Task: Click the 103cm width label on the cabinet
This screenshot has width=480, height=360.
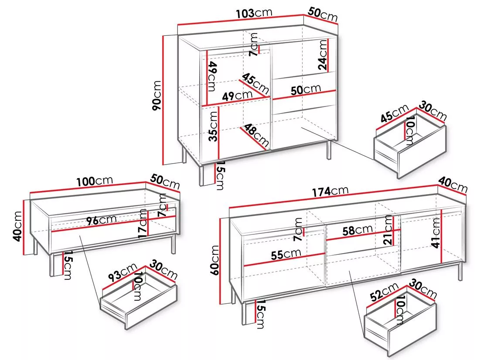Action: coord(254,13)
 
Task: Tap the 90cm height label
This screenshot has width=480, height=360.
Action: coord(157,96)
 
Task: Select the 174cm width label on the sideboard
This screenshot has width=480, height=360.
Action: coord(330,192)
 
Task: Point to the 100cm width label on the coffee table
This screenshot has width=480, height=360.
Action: coord(95,181)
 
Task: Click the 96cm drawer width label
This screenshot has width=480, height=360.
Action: coord(101,220)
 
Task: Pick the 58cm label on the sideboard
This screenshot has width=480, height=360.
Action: coord(357,230)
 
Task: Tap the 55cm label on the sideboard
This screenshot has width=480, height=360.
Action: coord(286,254)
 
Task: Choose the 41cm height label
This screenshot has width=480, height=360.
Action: coord(436,233)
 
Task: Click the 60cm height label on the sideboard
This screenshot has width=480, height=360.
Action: coord(215,260)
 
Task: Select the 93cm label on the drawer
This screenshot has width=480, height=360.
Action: coord(122,272)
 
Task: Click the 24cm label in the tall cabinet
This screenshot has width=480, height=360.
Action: coord(323,55)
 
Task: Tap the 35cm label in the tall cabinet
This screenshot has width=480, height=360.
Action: coord(213,126)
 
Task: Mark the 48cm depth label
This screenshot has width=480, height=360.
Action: coord(256,135)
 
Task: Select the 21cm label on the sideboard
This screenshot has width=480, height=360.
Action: coord(388,230)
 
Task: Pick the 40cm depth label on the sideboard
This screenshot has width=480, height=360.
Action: coord(453,185)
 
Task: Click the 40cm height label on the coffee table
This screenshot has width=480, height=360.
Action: coord(18,226)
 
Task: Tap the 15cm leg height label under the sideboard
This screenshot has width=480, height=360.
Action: coord(261,314)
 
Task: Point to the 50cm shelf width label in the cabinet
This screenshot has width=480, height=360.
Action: coord(306,89)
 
